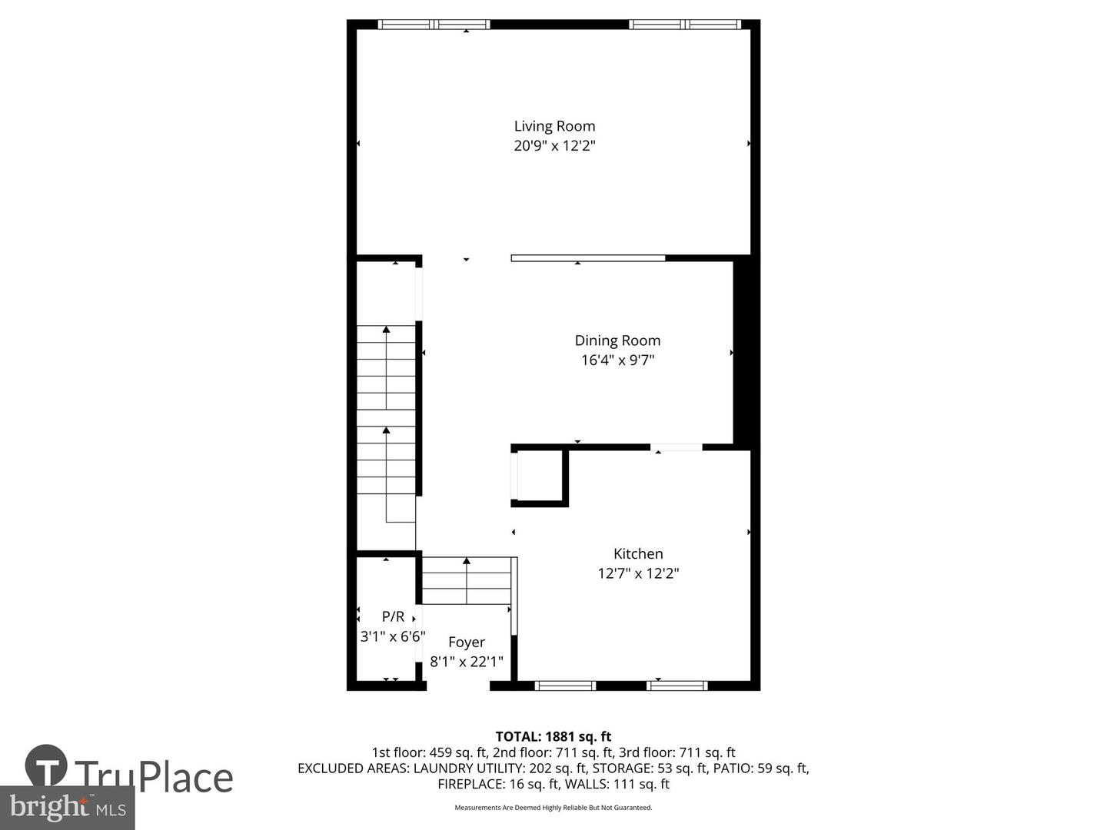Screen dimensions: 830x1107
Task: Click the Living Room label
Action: [554, 126]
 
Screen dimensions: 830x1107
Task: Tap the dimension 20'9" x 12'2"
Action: [554, 146]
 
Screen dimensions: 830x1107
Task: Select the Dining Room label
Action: [617, 340]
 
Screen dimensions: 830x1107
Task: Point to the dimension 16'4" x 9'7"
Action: [617, 360]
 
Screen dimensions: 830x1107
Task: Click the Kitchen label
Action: [638, 553]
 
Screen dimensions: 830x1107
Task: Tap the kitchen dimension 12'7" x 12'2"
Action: [638, 573]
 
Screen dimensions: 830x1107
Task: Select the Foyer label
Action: [467, 642]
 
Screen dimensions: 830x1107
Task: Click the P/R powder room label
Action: [393, 616]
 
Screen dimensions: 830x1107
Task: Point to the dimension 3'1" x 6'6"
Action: [393, 636]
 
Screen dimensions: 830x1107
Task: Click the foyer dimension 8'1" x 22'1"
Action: [467, 662]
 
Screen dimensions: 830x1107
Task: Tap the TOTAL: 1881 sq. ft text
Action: [553, 737]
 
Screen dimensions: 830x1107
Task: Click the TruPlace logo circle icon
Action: [46, 765]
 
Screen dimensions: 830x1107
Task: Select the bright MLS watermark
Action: [67, 807]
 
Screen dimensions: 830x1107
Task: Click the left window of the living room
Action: [434, 25]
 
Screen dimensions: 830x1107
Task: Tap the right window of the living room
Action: [685, 25]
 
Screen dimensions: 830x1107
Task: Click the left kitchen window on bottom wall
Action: [565, 686]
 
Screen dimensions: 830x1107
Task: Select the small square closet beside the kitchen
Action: [541, 477]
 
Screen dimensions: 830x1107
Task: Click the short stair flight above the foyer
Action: [467, 581]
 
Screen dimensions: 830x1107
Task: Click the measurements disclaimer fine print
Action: [553, 808]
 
